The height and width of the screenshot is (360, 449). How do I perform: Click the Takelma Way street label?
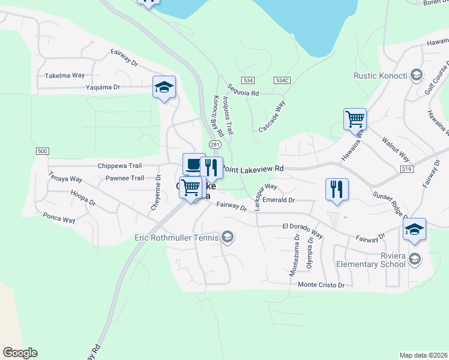click(65, 76)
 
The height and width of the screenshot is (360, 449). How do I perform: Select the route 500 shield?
click(41, 151)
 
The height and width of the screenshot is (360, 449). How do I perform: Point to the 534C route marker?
click(282, 80)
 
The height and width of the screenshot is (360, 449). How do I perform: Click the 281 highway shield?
click(214, 145)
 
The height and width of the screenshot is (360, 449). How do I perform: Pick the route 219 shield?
click(407, 170)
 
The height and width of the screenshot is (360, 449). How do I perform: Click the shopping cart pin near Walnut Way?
click(355, 119)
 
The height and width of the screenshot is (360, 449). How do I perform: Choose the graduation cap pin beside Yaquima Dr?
click(164, 87)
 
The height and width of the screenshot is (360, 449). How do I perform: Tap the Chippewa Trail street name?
click(119, 165)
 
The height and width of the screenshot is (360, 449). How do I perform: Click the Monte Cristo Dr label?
click(321, 285)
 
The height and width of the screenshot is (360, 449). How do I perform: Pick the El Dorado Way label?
click(303, 226)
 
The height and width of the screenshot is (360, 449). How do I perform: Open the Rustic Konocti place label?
click(381, 75)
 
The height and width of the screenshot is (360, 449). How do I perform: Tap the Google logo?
click(20, 353)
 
